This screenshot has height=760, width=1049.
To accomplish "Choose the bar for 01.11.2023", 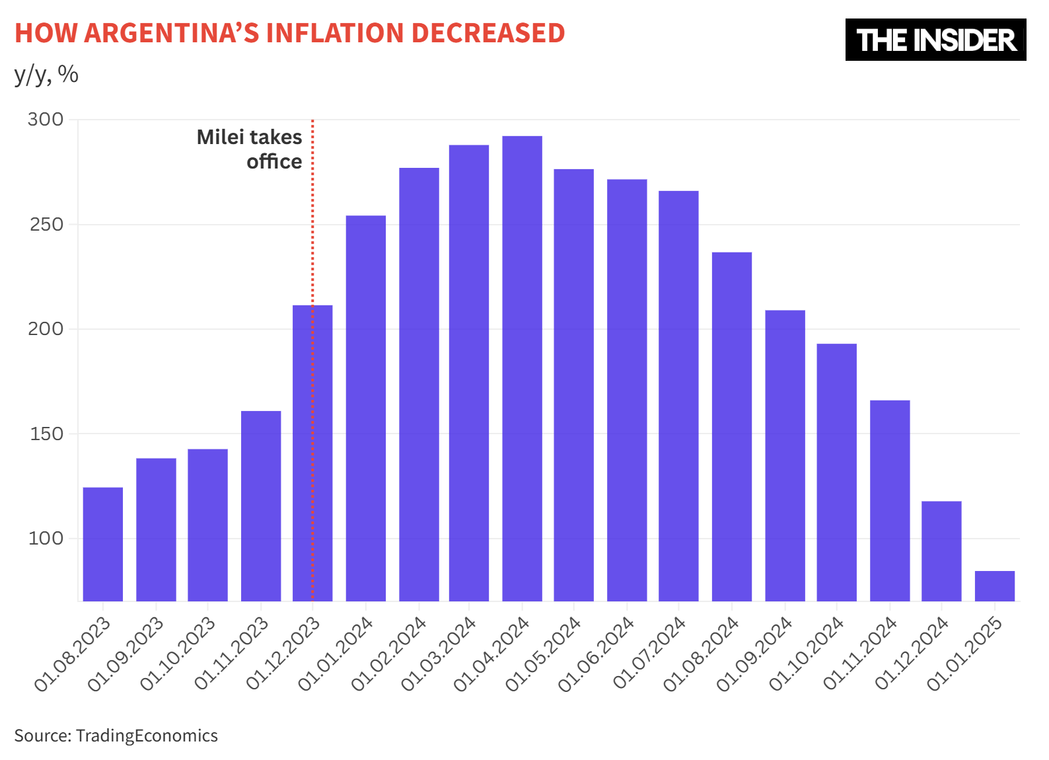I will pyautogui.click(x=261, y=506).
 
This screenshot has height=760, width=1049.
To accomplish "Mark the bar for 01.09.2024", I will pyautogui.click(x=785, y=455).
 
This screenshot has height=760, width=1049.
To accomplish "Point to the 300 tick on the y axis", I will pyautogui.click(x=46, y=120).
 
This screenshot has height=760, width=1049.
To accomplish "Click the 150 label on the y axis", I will pyautogui.click(x=46, y=434).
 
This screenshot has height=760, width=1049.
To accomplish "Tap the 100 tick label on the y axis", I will pyautogui.click(x=46, y=539).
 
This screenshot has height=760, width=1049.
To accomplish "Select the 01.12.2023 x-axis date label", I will pyautogui.click(x=284, y=653).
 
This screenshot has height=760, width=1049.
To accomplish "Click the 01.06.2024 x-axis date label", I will pyautogui.click(x=597, y=653).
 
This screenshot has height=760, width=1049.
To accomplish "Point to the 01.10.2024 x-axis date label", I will pyautogui.click(x=807, y=653).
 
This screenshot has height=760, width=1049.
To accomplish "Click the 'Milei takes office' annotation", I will pyautogui.click(x=250, y=149).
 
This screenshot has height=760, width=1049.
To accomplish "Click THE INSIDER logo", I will pyautogui.click(x=935, y=40).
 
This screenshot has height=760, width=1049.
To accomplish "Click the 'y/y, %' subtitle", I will pyautogui.click(x=46, y=74).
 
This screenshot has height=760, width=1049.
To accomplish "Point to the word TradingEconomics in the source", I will pyautogui.click(x=147, y=736).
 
